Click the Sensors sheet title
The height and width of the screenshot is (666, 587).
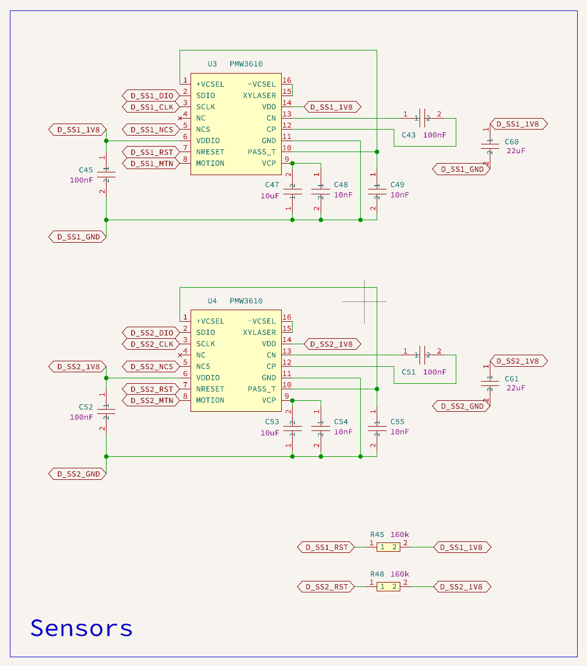click(81, 628)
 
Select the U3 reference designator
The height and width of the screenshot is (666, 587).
click(212, 64)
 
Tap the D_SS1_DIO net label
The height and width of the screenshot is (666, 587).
click(151, 96)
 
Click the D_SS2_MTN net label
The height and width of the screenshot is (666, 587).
click(151, 400)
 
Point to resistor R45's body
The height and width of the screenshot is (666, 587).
click(388, 547)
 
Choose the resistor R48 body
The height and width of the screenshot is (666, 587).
click(388, 586)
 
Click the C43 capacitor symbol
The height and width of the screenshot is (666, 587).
click(422, 118)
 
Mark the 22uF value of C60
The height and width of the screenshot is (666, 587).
click(516, 150)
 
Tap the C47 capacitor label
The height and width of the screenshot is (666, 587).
click(272, 184)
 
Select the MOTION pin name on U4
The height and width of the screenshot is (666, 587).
click(210, 400)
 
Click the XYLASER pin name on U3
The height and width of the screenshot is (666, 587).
click(259, 96)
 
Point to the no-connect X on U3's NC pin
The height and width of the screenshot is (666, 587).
click(180, 118)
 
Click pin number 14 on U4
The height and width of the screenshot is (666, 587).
click(287, 339)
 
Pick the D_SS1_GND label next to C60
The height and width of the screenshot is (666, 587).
click(461, 169)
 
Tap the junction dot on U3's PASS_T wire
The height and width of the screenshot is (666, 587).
click(377, 152)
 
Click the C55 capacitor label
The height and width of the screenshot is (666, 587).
click(397, 422)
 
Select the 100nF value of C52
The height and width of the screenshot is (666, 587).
click(81, 417)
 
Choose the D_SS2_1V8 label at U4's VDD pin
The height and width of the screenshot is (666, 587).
click(332, 344)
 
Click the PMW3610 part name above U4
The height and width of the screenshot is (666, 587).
click(246, 301)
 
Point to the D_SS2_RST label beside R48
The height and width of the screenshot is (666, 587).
click(326, 587)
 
